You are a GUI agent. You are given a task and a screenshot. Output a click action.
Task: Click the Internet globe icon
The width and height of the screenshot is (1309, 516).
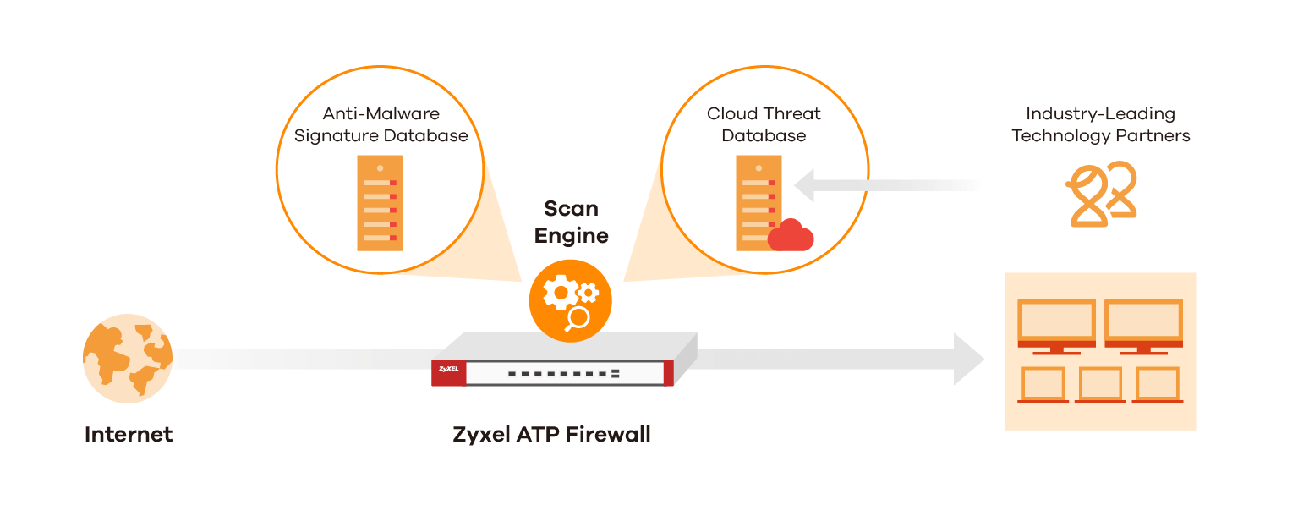[x=128, y=358]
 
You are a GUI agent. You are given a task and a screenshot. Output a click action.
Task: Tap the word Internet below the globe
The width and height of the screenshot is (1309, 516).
[x=129, y=435]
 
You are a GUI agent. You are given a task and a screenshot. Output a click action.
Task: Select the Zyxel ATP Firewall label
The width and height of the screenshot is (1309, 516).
[x=551, y=435]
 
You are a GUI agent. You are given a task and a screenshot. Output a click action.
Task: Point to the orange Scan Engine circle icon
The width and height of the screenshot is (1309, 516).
[x=570, y=299]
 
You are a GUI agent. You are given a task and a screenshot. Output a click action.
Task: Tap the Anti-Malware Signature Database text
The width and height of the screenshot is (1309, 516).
[x=381, y=124]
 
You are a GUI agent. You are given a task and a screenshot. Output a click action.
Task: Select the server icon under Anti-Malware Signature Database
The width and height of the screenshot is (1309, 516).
[x=379, y=202]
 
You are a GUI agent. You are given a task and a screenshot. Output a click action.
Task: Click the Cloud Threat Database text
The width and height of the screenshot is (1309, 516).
[x=764, y=124]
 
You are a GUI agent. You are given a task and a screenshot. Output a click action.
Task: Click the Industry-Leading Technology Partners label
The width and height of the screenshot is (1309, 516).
[x=1100, y=124]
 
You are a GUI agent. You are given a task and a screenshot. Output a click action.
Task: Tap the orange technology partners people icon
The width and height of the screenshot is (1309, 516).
[x=1102, y=194]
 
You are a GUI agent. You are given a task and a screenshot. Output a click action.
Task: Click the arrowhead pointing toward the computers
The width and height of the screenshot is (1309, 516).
[x=969, y=359]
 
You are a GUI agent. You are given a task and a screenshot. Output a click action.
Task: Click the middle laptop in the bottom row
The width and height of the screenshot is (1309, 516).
[x=1100, y=385]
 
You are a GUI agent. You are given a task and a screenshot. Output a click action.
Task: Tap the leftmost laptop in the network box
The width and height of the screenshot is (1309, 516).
[x=1043, y=385]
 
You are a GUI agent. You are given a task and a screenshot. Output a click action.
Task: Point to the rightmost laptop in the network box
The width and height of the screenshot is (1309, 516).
[x=1157, y=385]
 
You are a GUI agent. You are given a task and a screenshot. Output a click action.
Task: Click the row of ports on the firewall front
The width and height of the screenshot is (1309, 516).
[x=564, y=372]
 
